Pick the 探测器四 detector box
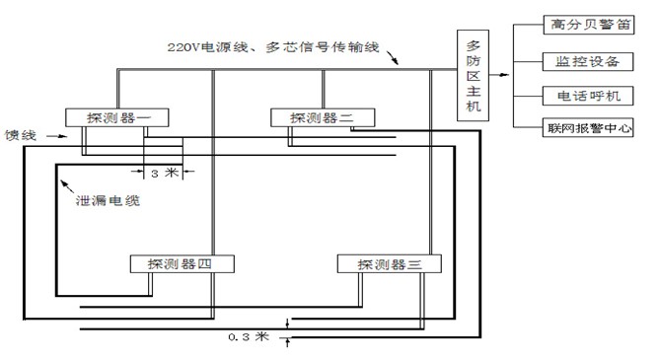point(182,263)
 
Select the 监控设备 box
point(581,61)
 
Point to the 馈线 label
point(21,136)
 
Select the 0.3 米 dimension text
point(248,337)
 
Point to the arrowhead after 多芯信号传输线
point(396,62)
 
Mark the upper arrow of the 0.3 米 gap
point(287,322)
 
